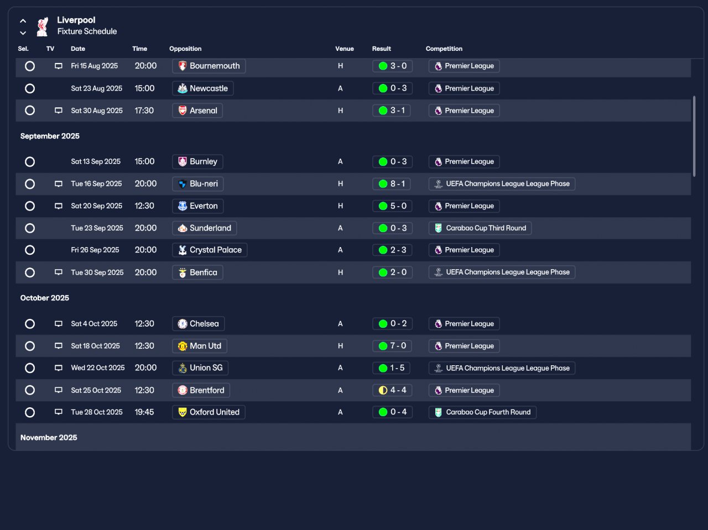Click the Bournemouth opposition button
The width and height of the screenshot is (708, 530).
click(209, 66)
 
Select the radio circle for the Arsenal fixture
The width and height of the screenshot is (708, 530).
click(30, 111)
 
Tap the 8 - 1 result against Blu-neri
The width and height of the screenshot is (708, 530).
click(392, 184)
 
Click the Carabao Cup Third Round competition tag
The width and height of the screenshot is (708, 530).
click(480, 228)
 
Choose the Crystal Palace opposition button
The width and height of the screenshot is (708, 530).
click(210, 250)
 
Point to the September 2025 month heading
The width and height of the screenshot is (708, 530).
click(50, 136)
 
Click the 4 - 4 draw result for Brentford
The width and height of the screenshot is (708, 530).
click(392, 390)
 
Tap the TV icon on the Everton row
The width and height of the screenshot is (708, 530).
click(59, 206)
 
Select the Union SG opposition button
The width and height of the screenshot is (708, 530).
click(200, 368)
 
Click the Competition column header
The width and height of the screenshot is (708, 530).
click(444, 49)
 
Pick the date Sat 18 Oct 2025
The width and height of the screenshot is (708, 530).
click(95, 346)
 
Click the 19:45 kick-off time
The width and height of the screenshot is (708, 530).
click(144, 412)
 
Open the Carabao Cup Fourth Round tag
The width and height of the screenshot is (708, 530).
click(482, 412)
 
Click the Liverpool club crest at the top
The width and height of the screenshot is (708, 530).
click(42, 27)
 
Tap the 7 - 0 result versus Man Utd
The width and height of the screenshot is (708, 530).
click(392, 346)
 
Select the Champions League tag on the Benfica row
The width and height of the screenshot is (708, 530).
click(502, 272)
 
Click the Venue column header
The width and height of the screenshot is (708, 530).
click(344, 49)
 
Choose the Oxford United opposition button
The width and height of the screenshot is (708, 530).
click(209, 412)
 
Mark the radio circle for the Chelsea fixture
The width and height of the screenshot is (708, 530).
click(30, 324)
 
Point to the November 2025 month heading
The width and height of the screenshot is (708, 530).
click(49, 438)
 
